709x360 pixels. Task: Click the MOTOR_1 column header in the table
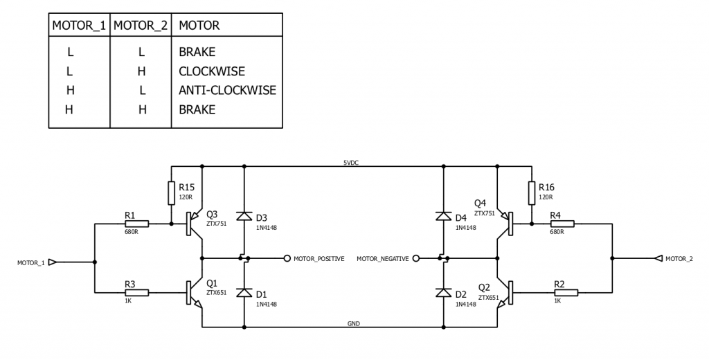coord(79,26)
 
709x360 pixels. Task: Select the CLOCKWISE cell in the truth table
coord(211,71)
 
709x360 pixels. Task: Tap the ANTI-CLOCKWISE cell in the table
coord(226,90)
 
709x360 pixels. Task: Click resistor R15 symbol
coord(171,193)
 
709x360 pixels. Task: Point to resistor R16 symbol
coord(531,193)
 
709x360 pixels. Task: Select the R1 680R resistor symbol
coord(136,224)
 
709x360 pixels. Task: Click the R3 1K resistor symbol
coord(136,292)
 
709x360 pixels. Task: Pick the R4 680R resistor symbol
coord(562,224)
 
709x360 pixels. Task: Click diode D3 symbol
coord(244,216)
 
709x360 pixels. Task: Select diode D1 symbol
coord(244,293)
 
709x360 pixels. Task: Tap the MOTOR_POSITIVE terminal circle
coord(287,258)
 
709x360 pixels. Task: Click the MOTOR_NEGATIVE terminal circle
coord(415,258)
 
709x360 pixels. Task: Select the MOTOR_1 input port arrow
coord(53,262)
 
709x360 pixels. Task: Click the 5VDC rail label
coord(351,163)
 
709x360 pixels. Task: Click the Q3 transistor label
coord(212,213)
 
